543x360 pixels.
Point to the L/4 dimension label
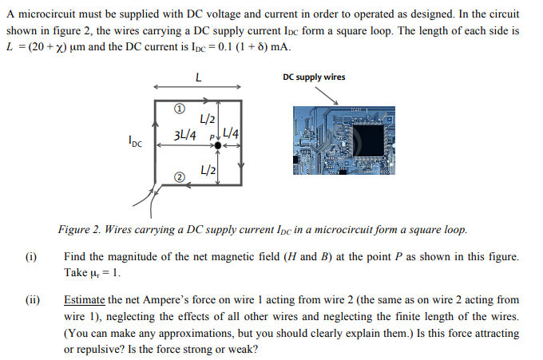[233, 133]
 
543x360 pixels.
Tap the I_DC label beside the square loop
[135, 144]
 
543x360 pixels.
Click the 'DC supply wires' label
[314, 77]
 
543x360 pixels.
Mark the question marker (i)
[30, 256]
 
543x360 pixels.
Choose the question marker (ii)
[31, 300]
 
